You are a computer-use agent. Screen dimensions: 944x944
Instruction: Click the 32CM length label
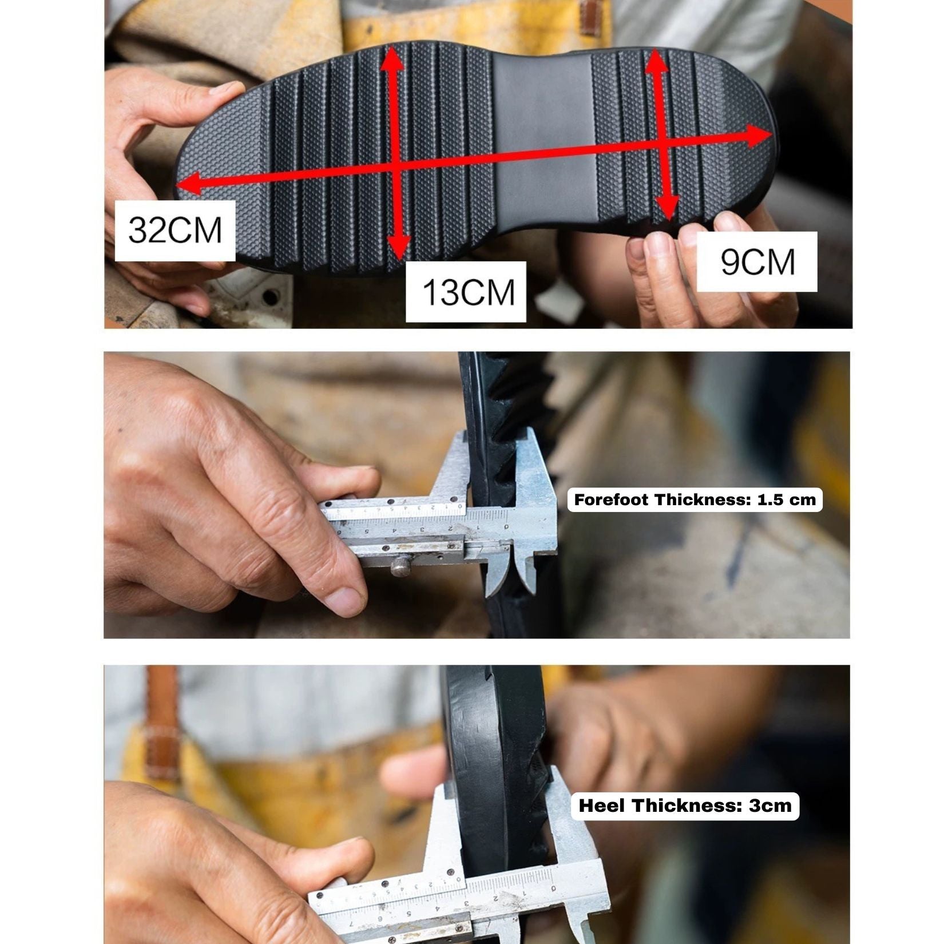point(175,231)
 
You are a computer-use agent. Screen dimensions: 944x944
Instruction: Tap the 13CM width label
point(466,292)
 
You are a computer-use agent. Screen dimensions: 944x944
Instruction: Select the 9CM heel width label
point(757,262)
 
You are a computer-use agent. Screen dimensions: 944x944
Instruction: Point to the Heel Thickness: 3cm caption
point(685,806)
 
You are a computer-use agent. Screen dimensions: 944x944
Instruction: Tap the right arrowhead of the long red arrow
point(759,137)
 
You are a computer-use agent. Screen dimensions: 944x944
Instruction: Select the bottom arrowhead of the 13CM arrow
point(399,246)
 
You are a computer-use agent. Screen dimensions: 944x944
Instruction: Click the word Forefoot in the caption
point(612,500)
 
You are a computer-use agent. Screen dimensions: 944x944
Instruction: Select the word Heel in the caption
point(602,806)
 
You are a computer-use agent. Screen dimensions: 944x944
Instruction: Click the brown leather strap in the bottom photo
point(162,724)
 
